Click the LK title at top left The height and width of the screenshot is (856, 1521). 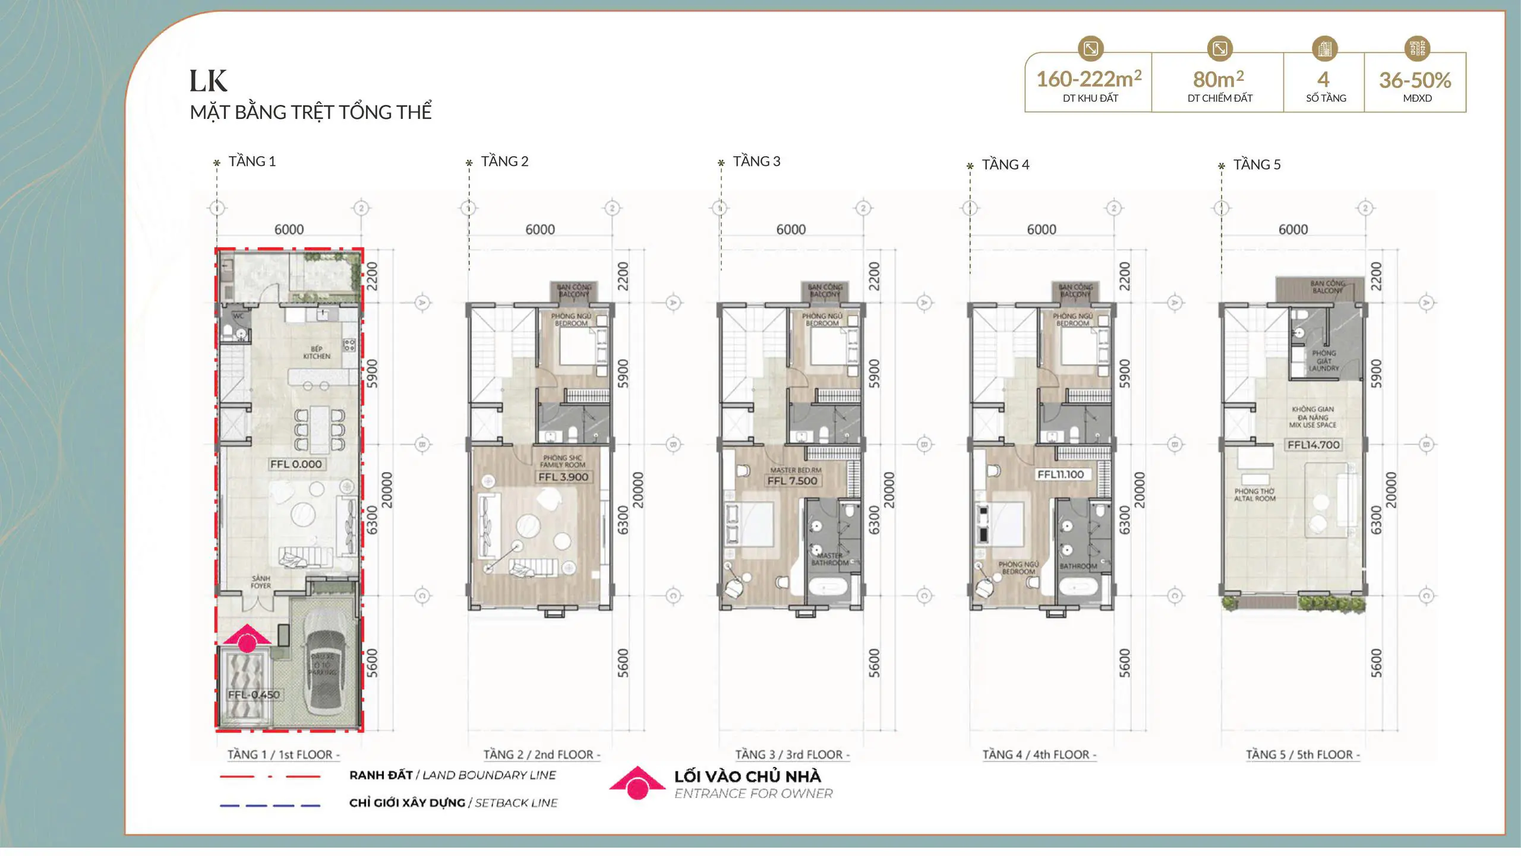(x=208, y=81)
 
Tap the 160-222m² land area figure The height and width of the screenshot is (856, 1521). (x=1088, y=79)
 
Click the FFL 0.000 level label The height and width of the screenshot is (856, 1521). (x=296, y=464)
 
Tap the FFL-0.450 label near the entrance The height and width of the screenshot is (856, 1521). (x=254, y=694)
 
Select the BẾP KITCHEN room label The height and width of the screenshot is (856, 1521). (x=317, y=353)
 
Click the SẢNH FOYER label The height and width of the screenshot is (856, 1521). (x=261, y=582)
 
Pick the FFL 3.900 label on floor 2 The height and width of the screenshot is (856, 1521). (x=563, y=477)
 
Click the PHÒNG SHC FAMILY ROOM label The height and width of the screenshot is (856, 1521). (x=563, y=461)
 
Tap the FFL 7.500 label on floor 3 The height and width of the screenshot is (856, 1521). (x=792, y=480)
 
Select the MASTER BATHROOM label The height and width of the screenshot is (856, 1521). (x=829, y=559)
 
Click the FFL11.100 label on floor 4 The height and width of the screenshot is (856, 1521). (x=1061, y=474)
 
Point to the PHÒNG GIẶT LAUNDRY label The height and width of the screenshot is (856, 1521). (x=1324, y=360)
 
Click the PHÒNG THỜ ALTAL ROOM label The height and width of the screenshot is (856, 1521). (x=1254, y=495)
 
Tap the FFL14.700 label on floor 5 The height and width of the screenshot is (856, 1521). (x=1313, y=445)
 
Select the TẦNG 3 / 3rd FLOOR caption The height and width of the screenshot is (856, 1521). (x=792, y=754)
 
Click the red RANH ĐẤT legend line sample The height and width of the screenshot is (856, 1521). (x=270, y=776)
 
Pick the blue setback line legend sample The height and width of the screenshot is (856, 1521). (x=270, y=805)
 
